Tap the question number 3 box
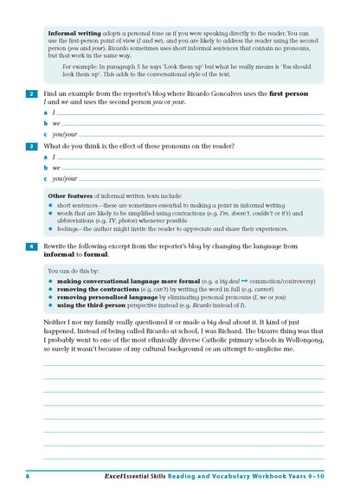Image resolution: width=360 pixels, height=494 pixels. [x=31, y=146]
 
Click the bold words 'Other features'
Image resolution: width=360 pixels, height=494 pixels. [x=69, y=196]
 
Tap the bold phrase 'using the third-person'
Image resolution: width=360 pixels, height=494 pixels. [x=91, y=305]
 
